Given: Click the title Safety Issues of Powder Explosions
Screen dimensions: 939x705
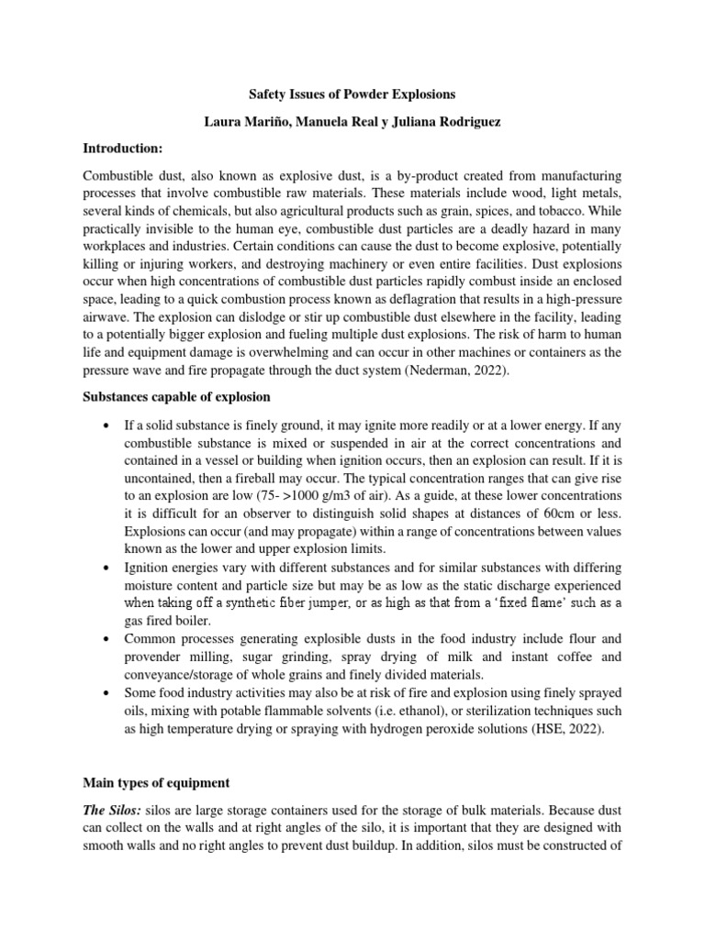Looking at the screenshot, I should [x=352, y=94].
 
